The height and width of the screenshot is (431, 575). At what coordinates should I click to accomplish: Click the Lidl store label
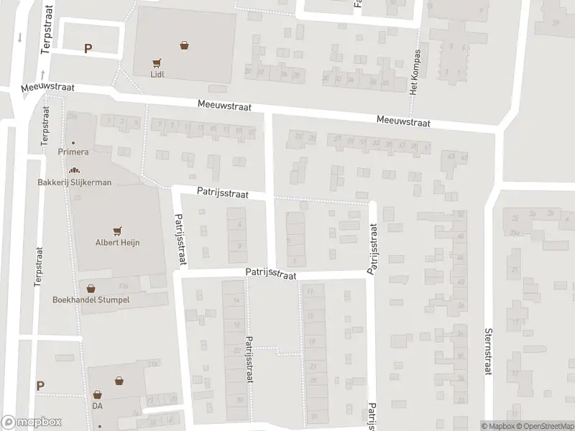pos(157,74)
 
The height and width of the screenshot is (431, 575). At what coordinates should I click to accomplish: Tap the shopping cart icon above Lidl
pos(157,62)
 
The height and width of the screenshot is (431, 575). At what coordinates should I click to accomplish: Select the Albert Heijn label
pos(118,243)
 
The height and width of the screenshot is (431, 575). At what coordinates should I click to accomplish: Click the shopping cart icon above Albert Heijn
pos(117,231)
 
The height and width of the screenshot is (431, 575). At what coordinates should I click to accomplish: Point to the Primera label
pos(73,152)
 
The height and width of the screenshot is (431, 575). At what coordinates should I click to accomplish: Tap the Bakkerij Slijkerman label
pos(75,182)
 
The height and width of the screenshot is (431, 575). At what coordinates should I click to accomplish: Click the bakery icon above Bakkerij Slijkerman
pos(74,170)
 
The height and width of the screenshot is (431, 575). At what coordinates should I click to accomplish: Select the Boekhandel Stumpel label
pos(91,300)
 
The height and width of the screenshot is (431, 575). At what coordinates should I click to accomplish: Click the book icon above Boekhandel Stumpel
pos(91,288)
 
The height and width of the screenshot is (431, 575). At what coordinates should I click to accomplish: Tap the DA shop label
pos(98,406)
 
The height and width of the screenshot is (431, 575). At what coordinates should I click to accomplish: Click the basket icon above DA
pos(98,394)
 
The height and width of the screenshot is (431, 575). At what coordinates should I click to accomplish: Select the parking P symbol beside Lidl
pos(88,50)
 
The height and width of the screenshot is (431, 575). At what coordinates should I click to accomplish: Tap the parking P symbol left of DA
pos(40,386)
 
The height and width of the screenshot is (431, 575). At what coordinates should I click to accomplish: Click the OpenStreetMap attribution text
pos(543,426)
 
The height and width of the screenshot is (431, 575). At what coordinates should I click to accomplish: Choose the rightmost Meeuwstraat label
pos(403,122)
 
